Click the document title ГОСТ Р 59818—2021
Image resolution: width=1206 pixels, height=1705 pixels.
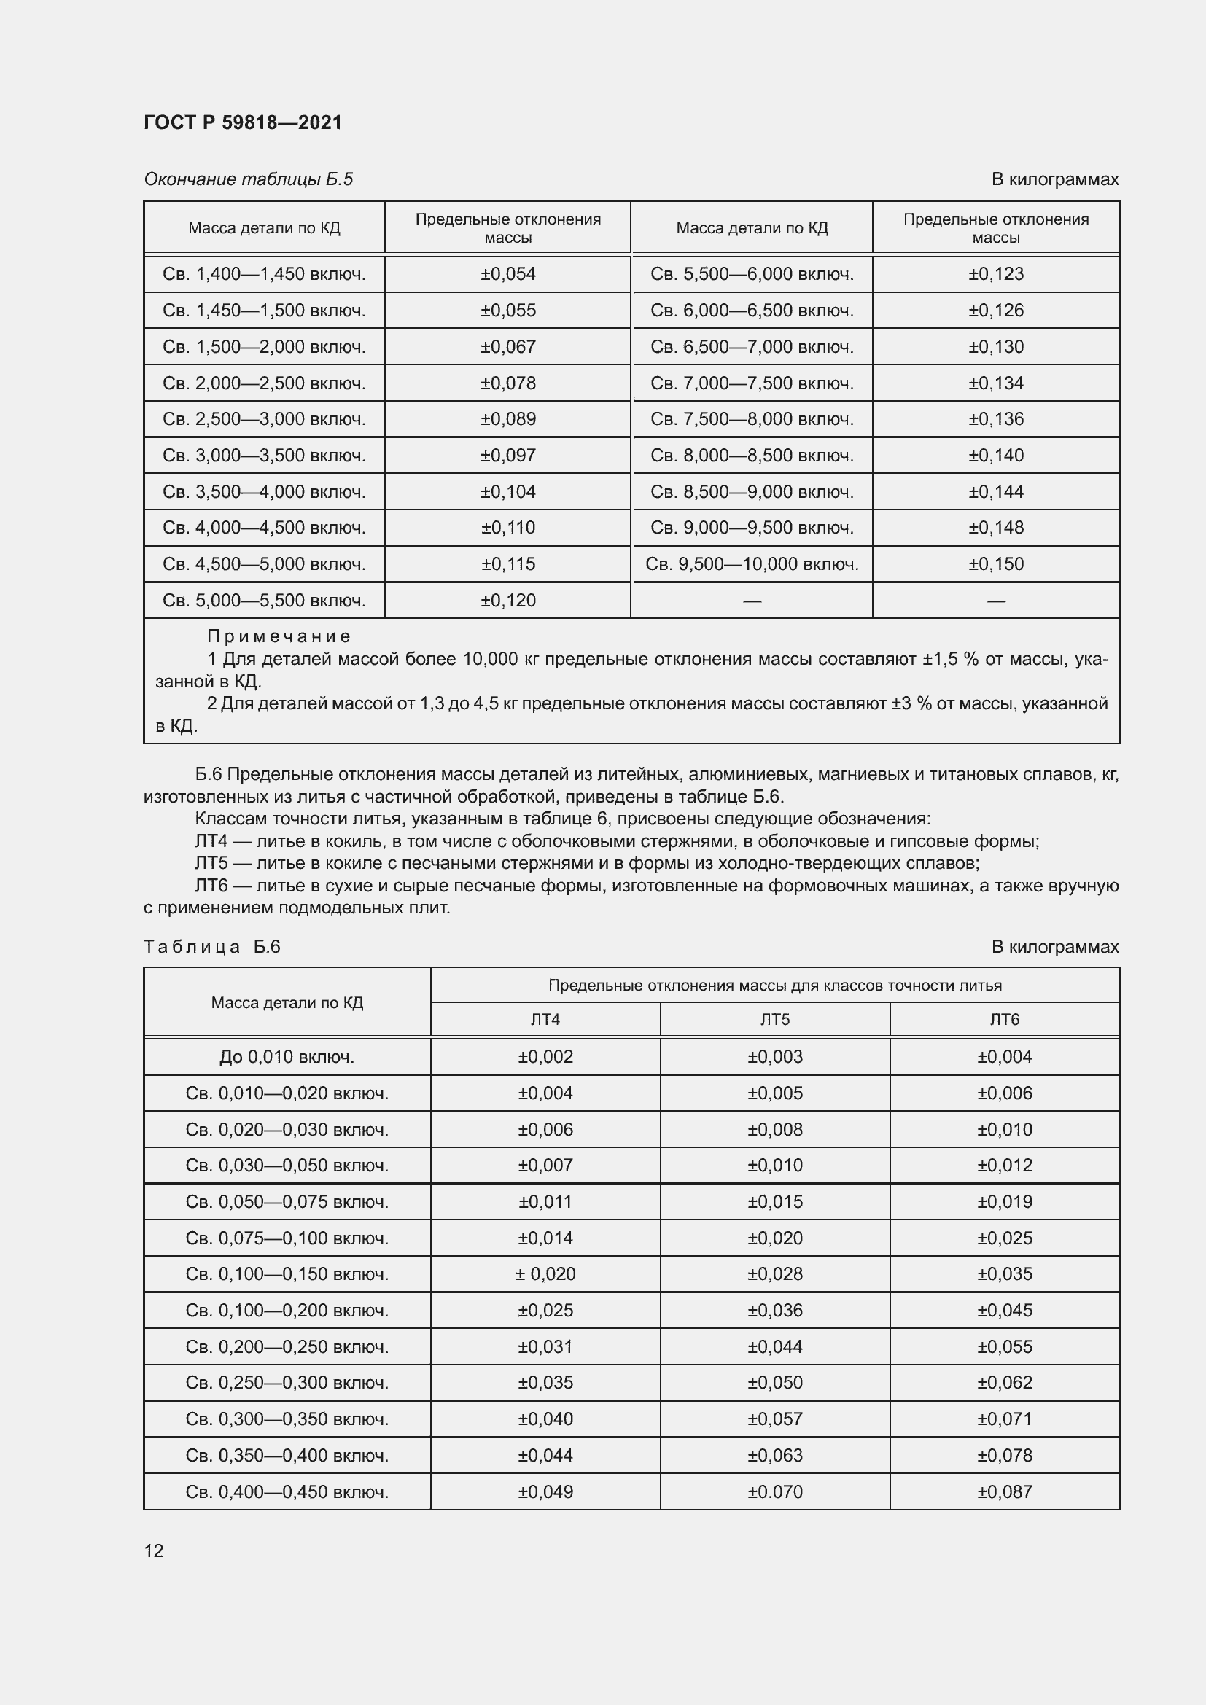coord(243,122)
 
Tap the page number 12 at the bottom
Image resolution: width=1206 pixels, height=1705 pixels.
coord(154,1550)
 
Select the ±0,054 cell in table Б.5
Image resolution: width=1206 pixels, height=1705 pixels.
coord(508,274)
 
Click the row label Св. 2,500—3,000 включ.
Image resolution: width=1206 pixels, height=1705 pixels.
coord(265,419)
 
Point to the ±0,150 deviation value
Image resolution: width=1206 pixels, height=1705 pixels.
coord(996,563)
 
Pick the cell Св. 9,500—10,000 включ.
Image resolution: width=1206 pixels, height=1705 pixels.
coord(752,563)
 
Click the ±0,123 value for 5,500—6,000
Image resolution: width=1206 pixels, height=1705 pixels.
coord(996,274)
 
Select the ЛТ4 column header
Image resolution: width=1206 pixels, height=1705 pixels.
coord(545,1020)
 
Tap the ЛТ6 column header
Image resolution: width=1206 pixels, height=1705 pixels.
coord(1004,1020)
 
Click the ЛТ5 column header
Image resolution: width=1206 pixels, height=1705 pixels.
coord(774,1020)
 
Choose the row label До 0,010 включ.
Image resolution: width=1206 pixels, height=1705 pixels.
coord(287,1057)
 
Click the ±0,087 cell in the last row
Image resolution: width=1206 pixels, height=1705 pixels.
coord(1004,1492)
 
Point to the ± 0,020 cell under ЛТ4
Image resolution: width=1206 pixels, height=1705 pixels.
coord(545,1274)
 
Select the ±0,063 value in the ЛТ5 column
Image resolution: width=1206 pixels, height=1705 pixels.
coord(774,1456)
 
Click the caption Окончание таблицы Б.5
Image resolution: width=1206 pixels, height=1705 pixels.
coord(248,179)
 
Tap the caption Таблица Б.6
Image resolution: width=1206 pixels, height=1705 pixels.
coord(211,947)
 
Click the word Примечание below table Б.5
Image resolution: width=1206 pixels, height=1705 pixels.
coord(279,636)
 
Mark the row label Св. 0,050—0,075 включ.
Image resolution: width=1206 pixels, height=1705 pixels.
coord(287,1201)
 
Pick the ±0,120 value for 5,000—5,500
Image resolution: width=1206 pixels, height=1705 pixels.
coord(508,600)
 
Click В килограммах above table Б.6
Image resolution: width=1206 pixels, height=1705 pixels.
coord(1054,947)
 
